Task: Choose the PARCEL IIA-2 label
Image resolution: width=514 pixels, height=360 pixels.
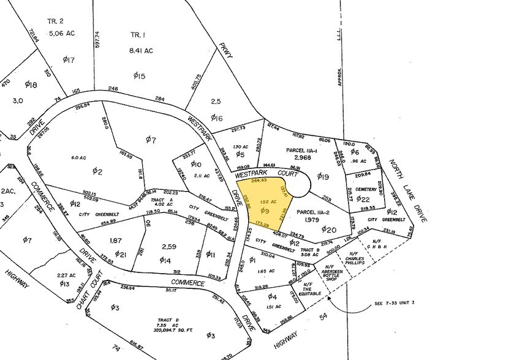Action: coord(316,212)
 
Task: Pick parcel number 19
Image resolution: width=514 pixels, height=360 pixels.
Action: coord(323,177)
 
